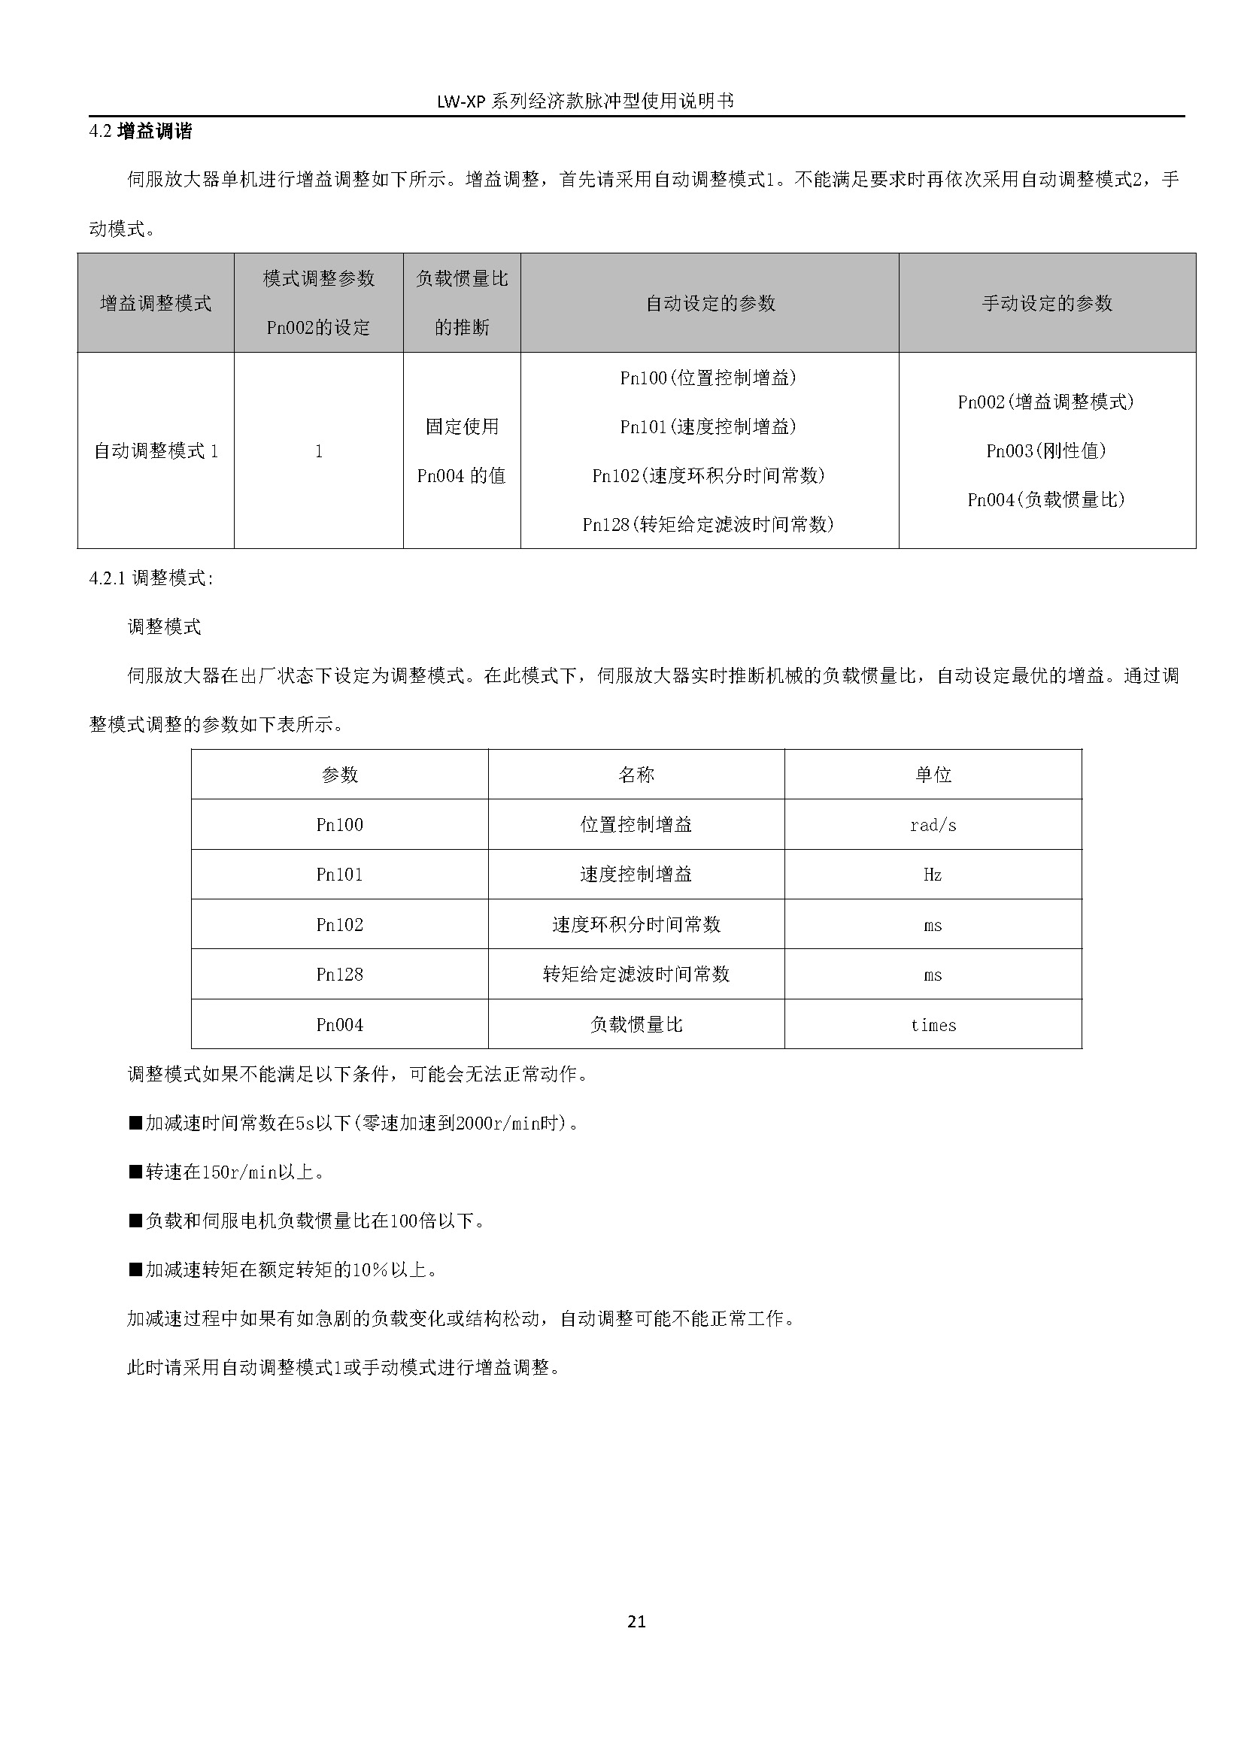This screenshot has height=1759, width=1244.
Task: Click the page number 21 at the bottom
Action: [x=636, y=1621]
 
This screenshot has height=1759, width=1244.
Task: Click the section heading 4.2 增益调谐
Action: [x=140, y=131]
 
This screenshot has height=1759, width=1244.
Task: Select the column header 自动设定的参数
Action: [x=710, y=303]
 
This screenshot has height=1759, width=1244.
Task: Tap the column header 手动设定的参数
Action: [x=1046, y=303]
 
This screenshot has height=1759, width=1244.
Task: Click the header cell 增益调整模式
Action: [x=156, y=303]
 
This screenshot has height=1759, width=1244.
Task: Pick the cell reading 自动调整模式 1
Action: [x=156, y=451]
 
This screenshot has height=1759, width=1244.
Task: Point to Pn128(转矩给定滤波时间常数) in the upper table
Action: [x=708, y=524]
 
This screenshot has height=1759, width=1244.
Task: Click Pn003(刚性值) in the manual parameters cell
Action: [x=1046, y=451]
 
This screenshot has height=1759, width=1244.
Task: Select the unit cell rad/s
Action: [x=933, y=825]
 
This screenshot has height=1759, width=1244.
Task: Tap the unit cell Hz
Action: [x=933, y=875]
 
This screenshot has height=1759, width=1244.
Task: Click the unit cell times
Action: [x=933, y=1025]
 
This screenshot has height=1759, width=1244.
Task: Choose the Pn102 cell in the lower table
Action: [x=339, y=925]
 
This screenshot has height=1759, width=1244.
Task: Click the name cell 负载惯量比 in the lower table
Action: [x=636, y=1025]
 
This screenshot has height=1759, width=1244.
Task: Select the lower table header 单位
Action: [x=933, y=775]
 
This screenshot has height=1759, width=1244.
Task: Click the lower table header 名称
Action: [x=636, y=775]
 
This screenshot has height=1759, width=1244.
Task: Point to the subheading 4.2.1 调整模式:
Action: [x=151, y=578]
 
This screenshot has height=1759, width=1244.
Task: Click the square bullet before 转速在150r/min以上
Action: [x=135, y=1172]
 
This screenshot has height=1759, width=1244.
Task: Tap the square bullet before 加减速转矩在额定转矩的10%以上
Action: [x=135, y=1270]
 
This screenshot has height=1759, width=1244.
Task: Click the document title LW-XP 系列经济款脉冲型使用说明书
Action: [x=585, y=101]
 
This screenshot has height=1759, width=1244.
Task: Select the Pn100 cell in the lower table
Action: [x=339, y=825]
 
